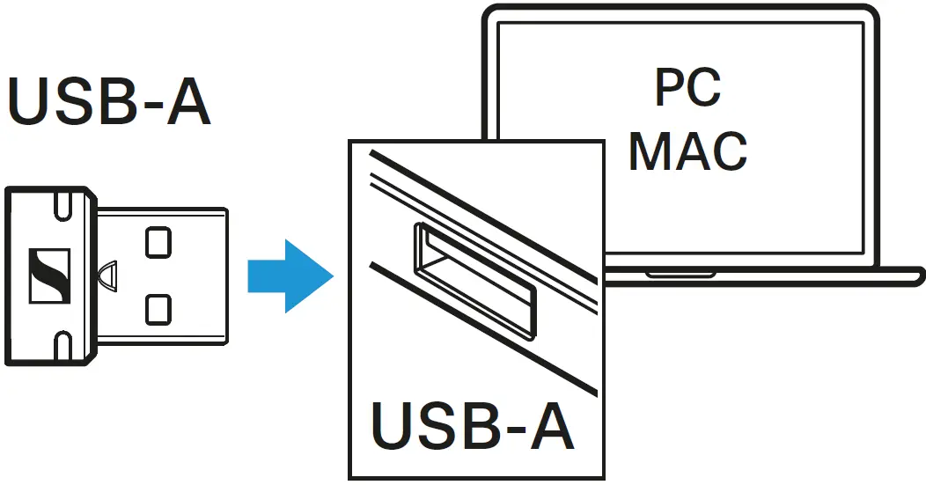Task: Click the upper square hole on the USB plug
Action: pos(158,241)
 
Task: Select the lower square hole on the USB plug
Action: pos(158,307)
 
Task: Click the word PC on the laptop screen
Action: pos(687,88)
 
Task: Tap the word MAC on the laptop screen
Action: pos(687,151)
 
